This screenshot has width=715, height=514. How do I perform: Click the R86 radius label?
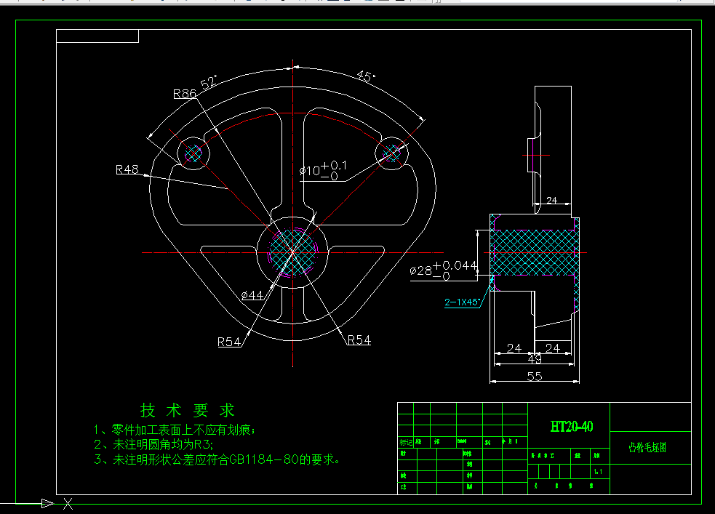pos(185,94)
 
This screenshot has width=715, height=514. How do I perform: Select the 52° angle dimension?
pos(209,82)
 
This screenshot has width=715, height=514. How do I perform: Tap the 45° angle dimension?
pos(365,76)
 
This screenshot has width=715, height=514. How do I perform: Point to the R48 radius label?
pos(127,169)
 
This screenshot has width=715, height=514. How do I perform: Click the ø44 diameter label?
pos(251,294)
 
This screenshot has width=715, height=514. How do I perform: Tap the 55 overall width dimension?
pos(534,375)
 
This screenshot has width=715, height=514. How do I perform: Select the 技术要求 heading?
pos(187,411)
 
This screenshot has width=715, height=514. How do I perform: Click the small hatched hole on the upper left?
pos(193,153)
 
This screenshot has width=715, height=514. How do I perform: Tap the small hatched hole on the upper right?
pos(391,153)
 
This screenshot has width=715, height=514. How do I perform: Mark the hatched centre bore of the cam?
pos(293,252)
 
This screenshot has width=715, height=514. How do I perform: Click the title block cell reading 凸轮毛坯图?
pos(647,448)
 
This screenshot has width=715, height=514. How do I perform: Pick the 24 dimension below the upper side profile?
pos(551,200)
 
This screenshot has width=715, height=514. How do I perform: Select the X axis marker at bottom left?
pos(68,503)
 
